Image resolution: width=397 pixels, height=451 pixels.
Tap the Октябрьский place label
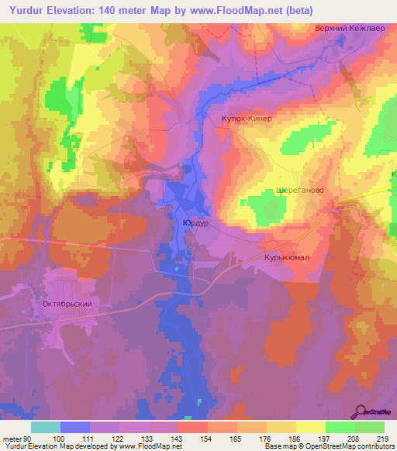(x=67, y=304)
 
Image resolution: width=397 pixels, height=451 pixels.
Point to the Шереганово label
(x=299, y=190)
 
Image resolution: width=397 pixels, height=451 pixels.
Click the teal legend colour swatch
(x=46, y=427)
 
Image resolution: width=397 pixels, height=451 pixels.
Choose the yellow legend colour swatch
(x=311, y=427)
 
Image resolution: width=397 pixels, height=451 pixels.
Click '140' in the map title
(x=112, y=9)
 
